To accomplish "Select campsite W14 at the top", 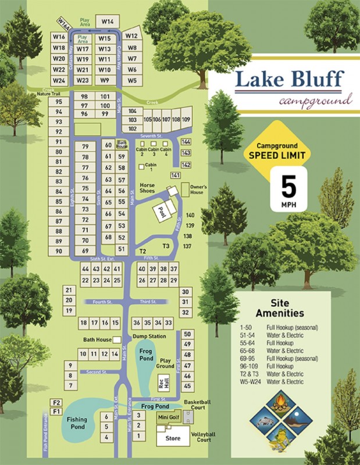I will [x=107, y=21].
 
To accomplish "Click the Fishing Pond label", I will [x=77, y=423].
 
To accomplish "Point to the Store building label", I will [x=173, y=438].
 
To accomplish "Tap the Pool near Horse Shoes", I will [x=161, y=213].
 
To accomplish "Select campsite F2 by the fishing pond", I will [x=56, y=402].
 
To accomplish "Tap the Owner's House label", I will [x=197, y=189].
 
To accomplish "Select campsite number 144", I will [x=186, y=142].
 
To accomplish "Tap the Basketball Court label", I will [x=195, y=405].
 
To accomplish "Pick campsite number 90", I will [x=59, y=251].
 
